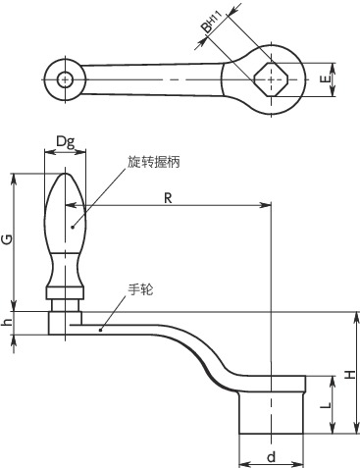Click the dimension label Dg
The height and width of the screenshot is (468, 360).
pyautogui.click(x=66, y=142)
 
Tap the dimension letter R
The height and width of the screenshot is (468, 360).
pyautogui.click(x=168, y=198)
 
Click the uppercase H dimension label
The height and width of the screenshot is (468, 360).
pyautogui.click(x=351, y=375)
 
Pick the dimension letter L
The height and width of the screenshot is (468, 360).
pyautogui.click(x=325, y=406)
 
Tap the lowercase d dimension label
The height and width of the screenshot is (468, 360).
pyautogui.click(x=271, y=456)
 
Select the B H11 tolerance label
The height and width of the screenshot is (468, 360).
pyautogui.click(x=211, y=22)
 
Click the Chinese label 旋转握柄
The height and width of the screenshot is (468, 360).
pyautogui.click(x=154, y=161)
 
